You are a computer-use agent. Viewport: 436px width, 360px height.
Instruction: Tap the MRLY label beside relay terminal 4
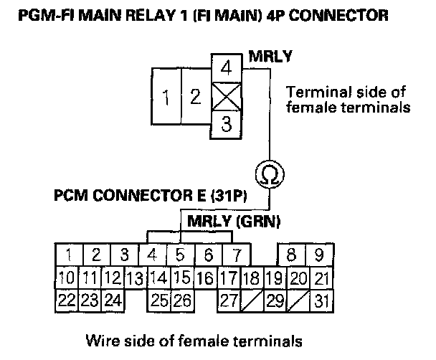(266, 55)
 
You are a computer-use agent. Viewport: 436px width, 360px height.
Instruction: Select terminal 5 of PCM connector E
(181, 254)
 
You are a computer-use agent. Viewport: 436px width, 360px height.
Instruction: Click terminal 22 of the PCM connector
(67, 300)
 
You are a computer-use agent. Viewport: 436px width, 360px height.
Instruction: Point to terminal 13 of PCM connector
(134, 277)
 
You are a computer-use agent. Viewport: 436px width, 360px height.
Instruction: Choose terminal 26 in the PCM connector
(181, 300)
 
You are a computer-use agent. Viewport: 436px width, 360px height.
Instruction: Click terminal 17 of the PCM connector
(229, 277)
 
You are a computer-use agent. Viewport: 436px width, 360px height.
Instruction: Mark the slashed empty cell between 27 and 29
(252, 300)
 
